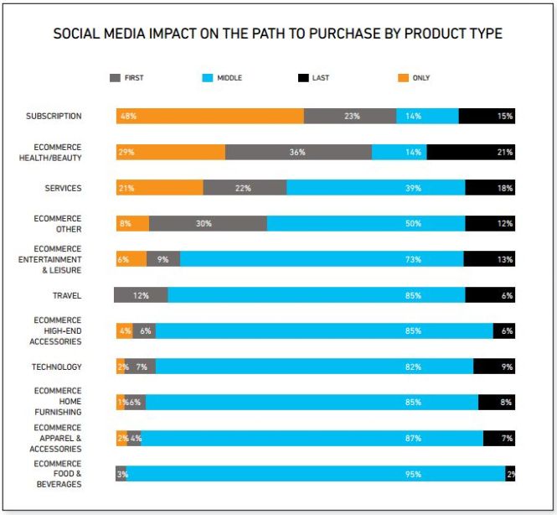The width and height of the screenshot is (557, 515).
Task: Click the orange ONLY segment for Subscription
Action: (x=209, y=117)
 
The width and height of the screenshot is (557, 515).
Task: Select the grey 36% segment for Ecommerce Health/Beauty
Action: (x=298, y=152)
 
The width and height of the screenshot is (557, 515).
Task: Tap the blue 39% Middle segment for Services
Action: (x=375, y=188)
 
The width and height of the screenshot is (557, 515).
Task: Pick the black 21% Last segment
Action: (x=471, y=152)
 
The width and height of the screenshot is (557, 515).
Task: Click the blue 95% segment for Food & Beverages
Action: (x=316, y=474)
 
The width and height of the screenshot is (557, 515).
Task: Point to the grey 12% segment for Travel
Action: (x=141, y=295)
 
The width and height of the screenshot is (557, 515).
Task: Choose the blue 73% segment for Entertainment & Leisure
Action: (x=322, y=259)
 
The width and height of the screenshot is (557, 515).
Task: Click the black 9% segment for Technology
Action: (x=494, y=367)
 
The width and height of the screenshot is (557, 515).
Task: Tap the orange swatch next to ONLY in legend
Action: (x=403, y=78)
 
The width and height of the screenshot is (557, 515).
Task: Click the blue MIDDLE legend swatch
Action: (x=209, y=78)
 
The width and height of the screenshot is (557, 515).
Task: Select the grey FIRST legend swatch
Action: (x=115, y=78)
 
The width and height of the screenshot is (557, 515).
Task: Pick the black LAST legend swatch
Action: (x=303, y=78)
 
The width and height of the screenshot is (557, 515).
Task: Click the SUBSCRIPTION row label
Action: (x=54, y=117)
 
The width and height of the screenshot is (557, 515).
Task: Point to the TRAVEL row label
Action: (x=67, y=295)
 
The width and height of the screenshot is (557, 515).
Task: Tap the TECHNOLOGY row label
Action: (x=57, y=367)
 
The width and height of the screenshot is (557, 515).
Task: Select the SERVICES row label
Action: (x=63, y=188)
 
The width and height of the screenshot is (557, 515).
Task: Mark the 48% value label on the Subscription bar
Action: (x=128, y=117)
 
